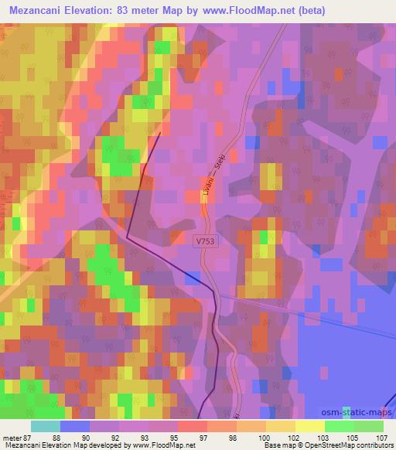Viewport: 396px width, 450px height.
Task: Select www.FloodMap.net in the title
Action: click(241, 11)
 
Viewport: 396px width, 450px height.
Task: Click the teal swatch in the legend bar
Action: click(46, 426)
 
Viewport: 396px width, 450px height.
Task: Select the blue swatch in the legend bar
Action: click(75, 426)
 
